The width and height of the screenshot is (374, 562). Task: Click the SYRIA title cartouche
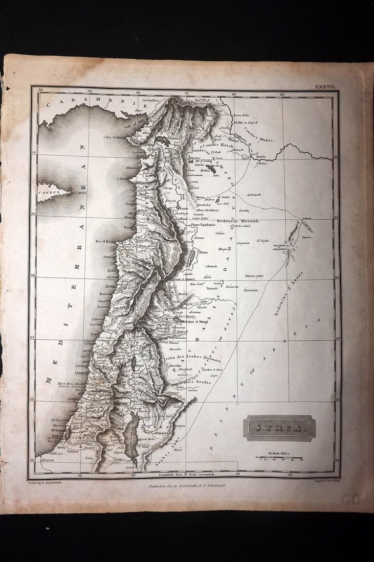[x=279, y=428]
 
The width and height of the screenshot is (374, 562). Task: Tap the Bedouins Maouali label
[x=238, y=221]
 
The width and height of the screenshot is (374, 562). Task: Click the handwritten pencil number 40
[x=350, y=499]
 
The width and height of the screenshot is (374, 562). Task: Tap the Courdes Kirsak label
[x=218, y=146]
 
